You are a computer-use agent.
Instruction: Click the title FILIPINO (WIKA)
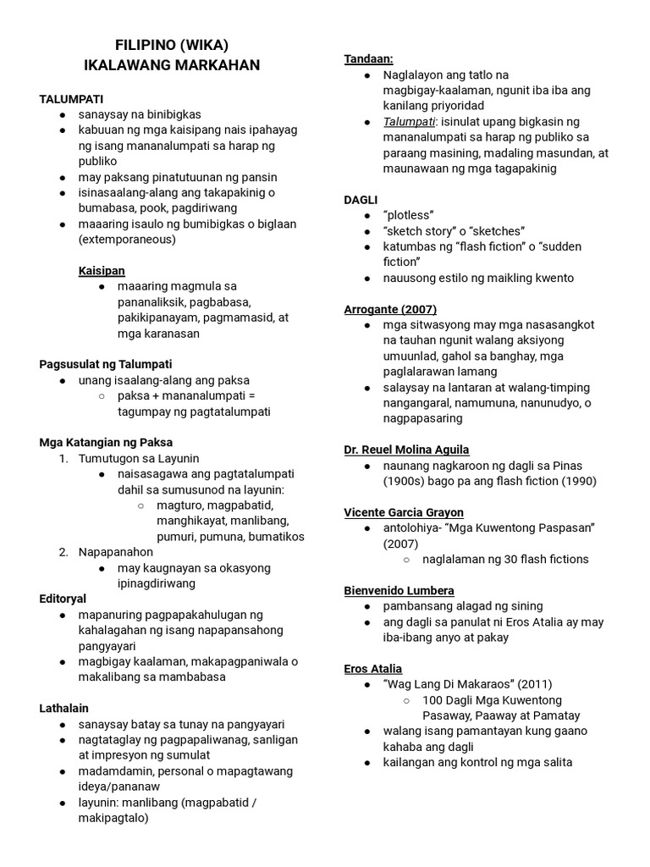(x=172, y=45)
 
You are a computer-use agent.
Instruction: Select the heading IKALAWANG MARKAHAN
(x=172, y=65)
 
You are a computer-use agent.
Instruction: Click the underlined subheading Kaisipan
(x=102, y=270)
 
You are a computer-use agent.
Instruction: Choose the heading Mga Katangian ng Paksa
(x=106, y=442)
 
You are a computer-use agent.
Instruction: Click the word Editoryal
(x=63, y=599)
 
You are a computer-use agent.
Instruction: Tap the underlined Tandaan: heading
(x=368, y=58)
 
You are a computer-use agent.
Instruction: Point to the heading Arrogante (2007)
(x=390, y=309)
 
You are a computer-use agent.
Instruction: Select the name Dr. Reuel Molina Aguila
(x=406, y=450)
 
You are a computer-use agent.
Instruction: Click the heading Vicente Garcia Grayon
(x=404, y=512)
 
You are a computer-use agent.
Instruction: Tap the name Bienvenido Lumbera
(x=399, y=590)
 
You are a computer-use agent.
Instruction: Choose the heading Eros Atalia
(x=373, y=669)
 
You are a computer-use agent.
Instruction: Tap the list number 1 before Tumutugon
(x=63, y=458)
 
